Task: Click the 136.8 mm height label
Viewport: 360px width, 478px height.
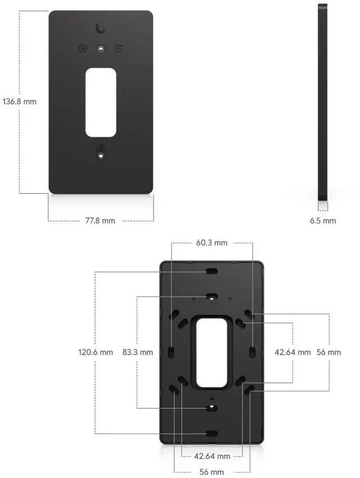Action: pos(20,101)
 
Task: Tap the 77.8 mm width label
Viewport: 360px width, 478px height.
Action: pos(100,221)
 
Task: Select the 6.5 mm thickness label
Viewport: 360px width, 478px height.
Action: pos(323,221)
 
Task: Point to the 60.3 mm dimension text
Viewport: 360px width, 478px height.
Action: pos(211,243)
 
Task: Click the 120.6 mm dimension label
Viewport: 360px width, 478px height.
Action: pos(96,352)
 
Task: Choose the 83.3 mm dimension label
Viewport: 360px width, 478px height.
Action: pos(138,352)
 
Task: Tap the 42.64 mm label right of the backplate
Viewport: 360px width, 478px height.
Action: pos(292,352)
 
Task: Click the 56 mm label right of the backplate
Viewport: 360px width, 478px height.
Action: pos(328,352)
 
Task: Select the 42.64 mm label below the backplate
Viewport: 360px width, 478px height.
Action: pos(212,456)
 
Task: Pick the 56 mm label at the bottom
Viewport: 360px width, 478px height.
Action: pos(211,472)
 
